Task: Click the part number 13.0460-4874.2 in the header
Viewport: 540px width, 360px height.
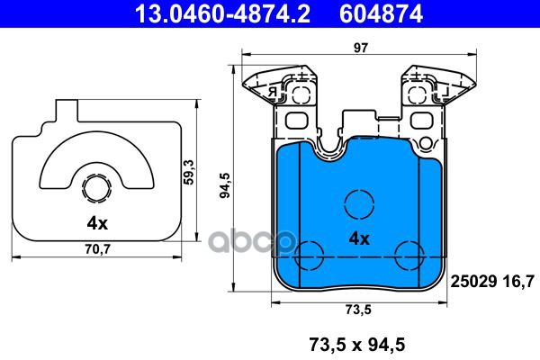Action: point(222,13)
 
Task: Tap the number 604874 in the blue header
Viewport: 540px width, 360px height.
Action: point(382,13)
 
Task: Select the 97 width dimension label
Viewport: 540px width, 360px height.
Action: point(361,48)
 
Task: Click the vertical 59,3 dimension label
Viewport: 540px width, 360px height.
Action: point(189,172)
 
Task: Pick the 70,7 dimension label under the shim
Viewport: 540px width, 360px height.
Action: point(97,248)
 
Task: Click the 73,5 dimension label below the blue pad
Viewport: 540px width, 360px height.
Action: point(358,310)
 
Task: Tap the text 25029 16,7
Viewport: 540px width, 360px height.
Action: point(492,282)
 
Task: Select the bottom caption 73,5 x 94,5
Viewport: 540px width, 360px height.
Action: point(357,345)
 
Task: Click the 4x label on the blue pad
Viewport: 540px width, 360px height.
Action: point(359,238)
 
